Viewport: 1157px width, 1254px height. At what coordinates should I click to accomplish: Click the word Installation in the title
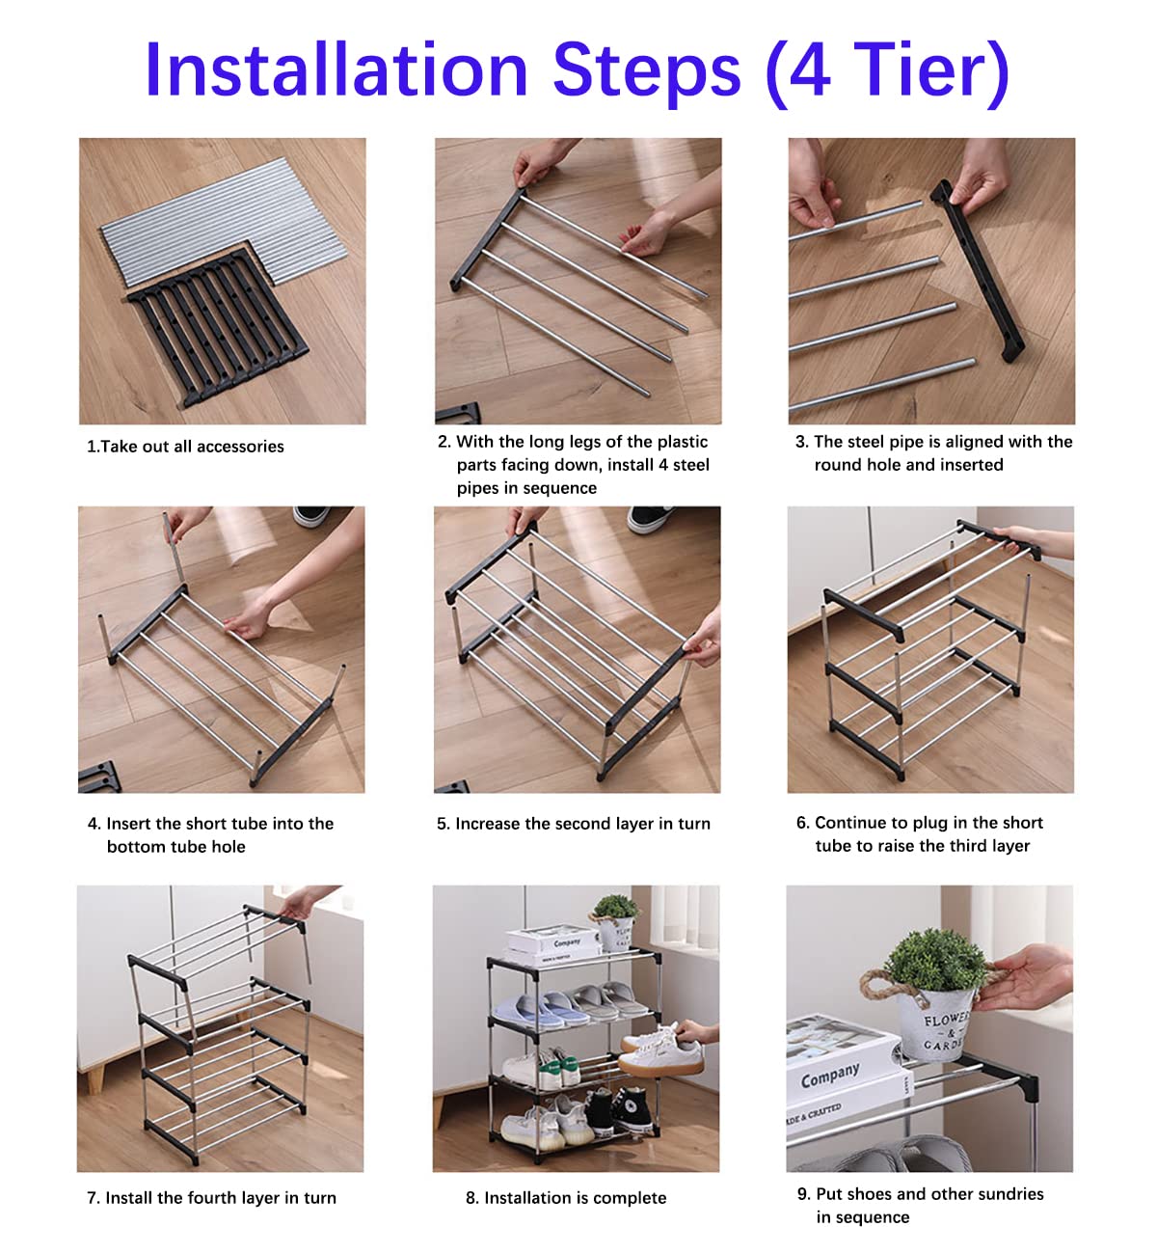336,69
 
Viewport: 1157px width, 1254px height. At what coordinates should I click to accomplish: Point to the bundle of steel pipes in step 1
224,221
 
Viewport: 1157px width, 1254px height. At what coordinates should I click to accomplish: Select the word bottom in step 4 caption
132,847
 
